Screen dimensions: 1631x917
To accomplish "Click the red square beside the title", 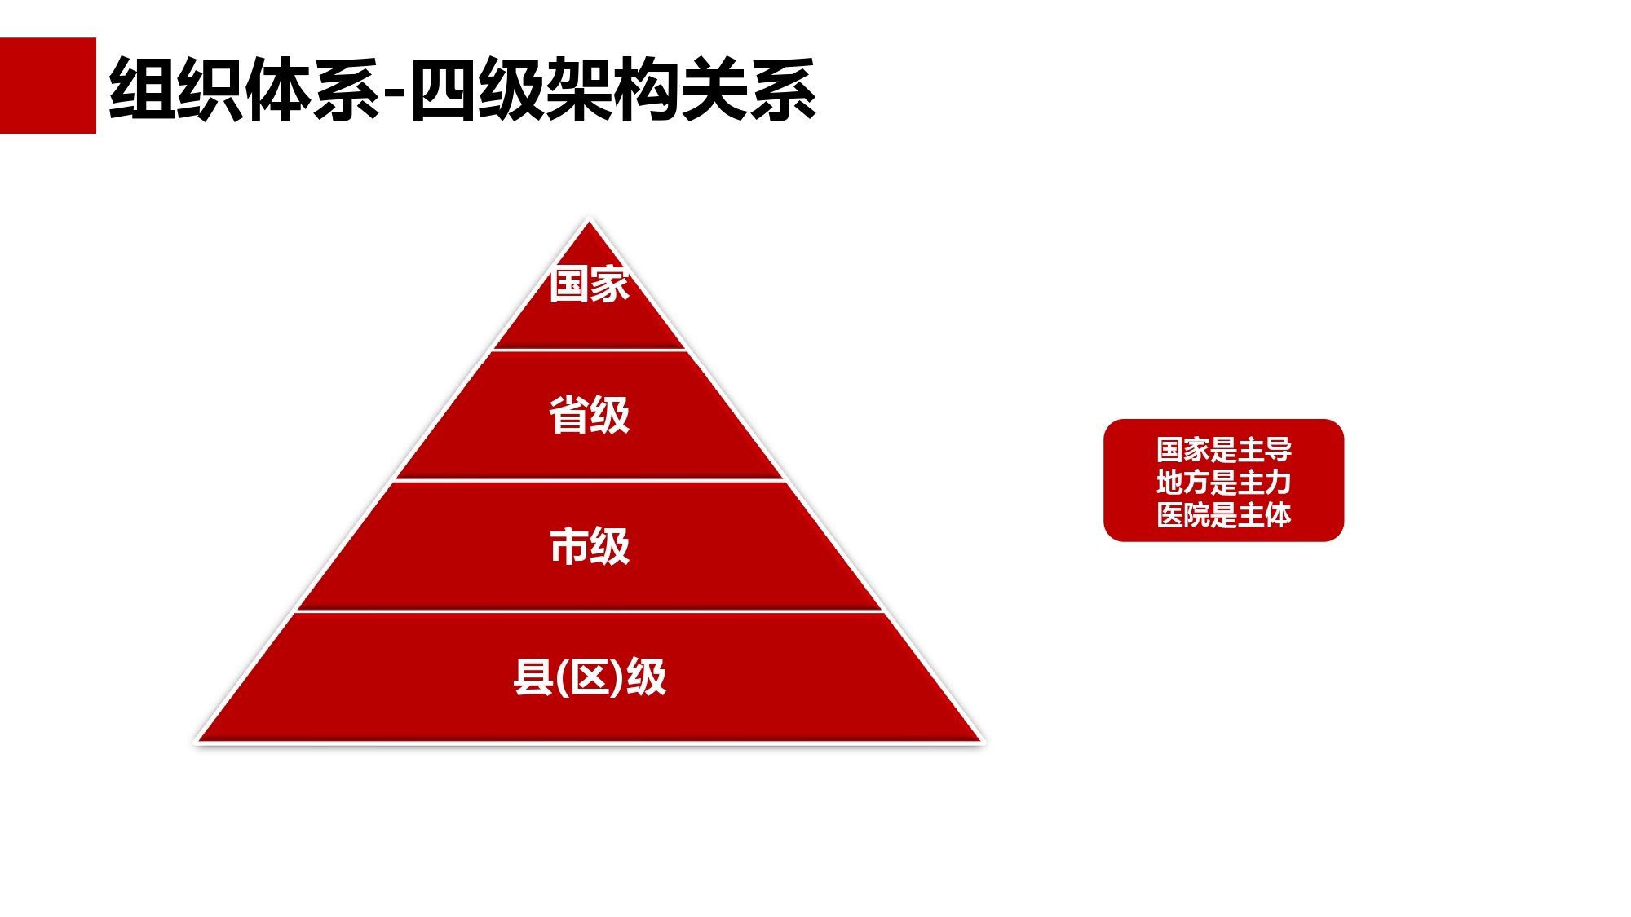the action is click(x=48, y=86).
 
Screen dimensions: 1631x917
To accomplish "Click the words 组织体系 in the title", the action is click(x=245, y=90).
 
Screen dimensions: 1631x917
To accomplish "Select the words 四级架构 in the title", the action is click(x=544, y=90).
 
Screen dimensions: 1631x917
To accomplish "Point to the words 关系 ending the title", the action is click(x=749, y=90).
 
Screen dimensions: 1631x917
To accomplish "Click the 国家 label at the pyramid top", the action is click(x=589, y=284).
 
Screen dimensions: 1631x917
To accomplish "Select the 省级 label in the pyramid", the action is click(x=589, y=415).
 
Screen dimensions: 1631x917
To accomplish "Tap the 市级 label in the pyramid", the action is click(x=589, y=546).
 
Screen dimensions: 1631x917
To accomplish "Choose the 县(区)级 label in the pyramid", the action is click(x=590, y=677).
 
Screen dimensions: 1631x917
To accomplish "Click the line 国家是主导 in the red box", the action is click(x=1223, y=449).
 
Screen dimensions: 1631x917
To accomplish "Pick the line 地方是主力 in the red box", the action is click(x=1223, y=482).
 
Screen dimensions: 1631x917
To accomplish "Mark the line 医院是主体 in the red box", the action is click(x=1223, y=514).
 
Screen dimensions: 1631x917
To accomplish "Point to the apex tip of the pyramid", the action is click(x=589, y=221).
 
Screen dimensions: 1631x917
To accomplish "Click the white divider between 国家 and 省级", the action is click(x=589, y=350).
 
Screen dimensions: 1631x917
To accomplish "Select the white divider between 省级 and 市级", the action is click(x=589, y=481).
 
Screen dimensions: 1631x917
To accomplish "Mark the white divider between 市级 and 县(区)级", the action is click(x=589, y=611).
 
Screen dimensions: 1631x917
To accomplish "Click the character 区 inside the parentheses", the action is click(x=590, y=677).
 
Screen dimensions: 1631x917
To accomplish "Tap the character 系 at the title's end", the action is click(x=783, y=90).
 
